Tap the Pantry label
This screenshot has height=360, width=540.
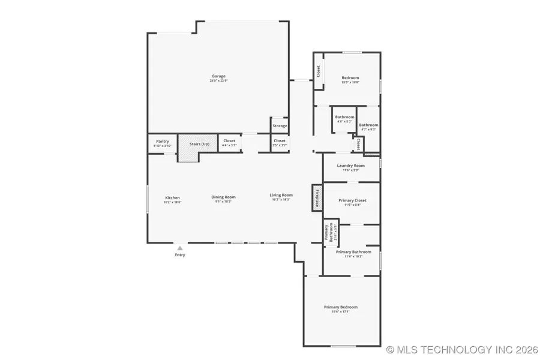click(162, 143)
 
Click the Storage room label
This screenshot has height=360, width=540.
click(280, 126)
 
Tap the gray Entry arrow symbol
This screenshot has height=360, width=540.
click(179, 247)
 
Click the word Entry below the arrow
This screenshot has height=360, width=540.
click(180, 255)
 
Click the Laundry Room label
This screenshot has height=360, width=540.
click(351, 167)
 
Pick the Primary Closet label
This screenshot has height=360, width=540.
click(352, 202)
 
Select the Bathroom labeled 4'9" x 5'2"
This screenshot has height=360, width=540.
click(344, 118)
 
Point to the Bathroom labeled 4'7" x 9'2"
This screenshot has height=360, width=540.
click(368, 127)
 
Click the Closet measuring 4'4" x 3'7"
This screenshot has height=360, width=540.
click(229, 143)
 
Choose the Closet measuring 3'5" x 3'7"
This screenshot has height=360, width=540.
click(280, 143)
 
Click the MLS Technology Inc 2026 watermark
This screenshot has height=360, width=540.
click(461, 349)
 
